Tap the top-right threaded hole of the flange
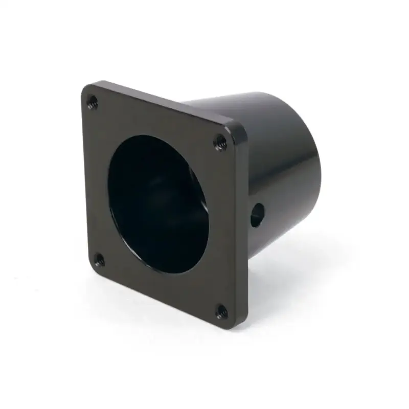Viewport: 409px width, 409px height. (220, 142)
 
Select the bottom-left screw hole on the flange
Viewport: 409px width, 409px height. (99, 260)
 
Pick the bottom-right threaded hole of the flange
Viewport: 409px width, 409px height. (221, 311)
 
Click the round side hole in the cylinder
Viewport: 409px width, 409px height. (257, 215)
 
